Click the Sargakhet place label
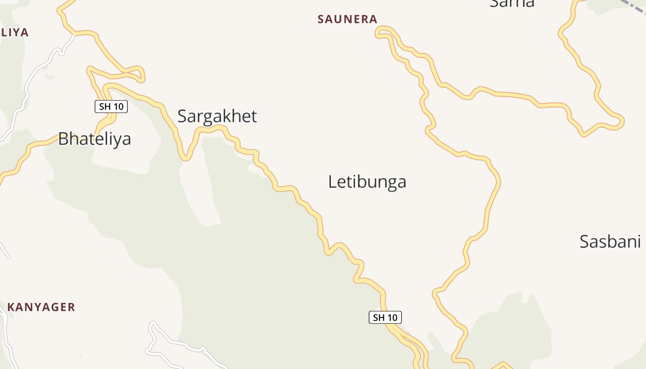[x=217, y=116]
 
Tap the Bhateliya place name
[x=95, y=139]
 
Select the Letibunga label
[x=367, y=182]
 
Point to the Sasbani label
[x=610, y=242]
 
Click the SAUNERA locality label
[x=347, y=19]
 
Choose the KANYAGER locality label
[x=41, y=307]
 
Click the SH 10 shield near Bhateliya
[x=111, y=107]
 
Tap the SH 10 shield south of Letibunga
[x=385, y=317]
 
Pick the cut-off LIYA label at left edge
[x=15, y=32]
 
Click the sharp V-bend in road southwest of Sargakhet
[x=185, y=158]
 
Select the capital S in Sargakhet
[x=182, y=116]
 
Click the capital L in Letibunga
[x=332, y=182]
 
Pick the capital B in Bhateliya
[x=63, y=139]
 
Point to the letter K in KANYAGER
[x=11, y=307]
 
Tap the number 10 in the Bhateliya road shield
[x=118, y=107]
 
